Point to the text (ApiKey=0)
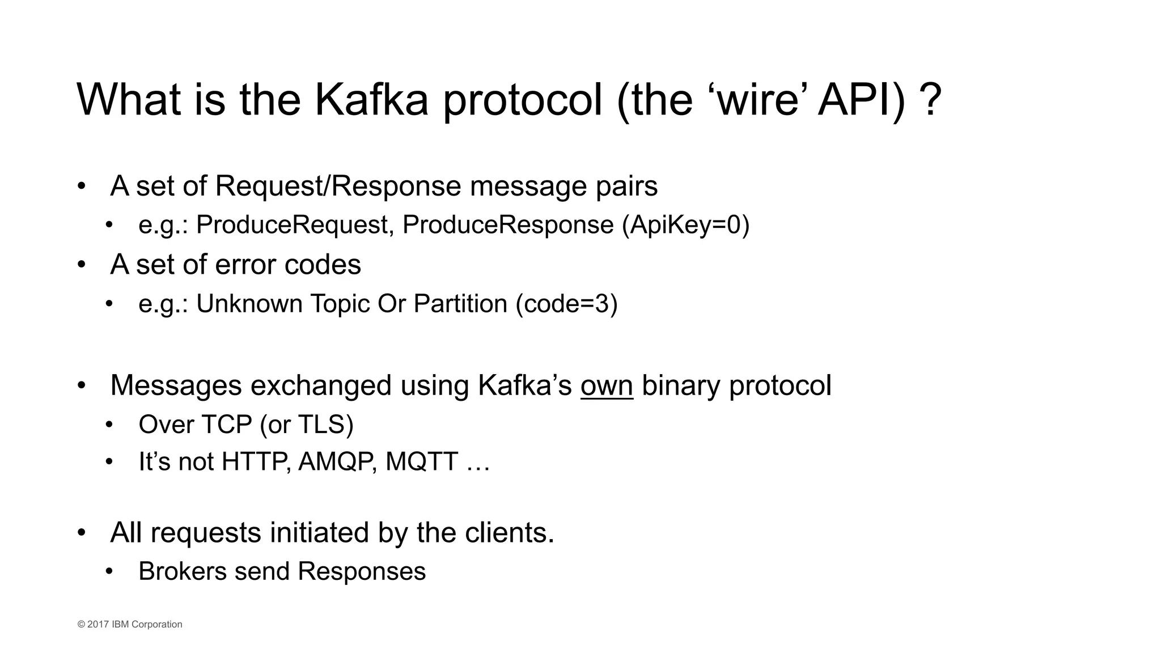click(685, 225)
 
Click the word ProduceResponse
click(507, 225)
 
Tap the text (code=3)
click(566, 304)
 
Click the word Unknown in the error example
click(249, 304)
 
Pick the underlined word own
click(606, 385)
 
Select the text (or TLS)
click(306, 425)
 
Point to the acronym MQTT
click(421, 461)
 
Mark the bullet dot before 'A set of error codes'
click(82, 265)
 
